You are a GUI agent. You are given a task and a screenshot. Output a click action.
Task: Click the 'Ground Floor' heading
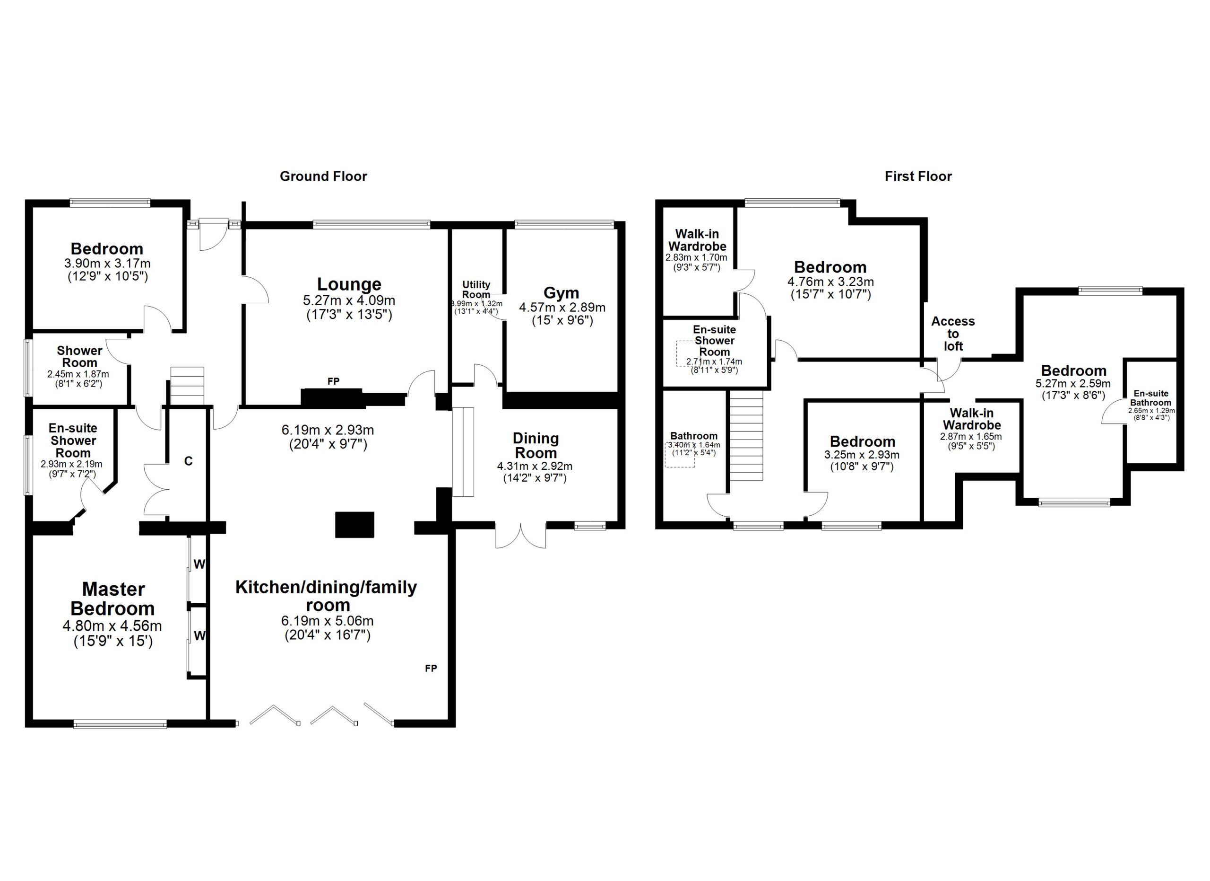pos(323,176)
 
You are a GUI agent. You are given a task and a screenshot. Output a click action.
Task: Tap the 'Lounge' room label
pos(349,284)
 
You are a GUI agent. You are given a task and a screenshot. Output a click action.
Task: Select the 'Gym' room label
pos(561,293)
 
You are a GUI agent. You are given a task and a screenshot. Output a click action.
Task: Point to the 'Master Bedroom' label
pos(112,599)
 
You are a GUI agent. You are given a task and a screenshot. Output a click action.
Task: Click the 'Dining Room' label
pos(536,445)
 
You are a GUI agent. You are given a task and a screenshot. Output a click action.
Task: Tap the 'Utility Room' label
pos(476,290)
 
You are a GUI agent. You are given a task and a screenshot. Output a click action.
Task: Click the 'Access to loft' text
pos(953,334)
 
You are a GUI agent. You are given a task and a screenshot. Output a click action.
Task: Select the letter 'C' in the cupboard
pos(188,461)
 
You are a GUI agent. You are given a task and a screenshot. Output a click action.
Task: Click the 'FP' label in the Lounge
pos(333,381)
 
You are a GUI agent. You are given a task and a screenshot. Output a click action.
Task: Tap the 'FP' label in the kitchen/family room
pos(431,668)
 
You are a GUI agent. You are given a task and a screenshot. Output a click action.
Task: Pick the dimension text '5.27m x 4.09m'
pos(349,300)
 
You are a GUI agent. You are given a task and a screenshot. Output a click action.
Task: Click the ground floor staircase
pos(187,386)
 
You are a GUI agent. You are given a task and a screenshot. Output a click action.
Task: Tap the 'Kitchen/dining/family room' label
pos(327,596)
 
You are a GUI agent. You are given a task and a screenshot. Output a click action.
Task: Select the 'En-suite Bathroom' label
pos(1151,398)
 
